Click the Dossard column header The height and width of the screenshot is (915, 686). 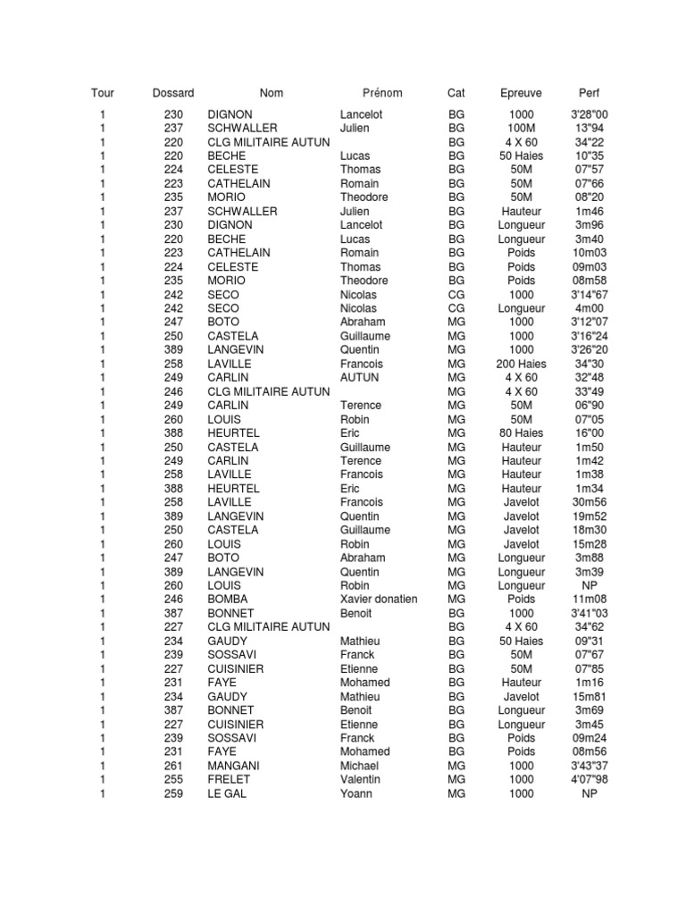point(173,93)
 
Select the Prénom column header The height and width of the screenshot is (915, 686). point(382,93)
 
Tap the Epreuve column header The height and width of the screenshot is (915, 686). point(521,93)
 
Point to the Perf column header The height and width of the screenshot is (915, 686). point(590,93)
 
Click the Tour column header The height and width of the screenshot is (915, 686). point(103,93)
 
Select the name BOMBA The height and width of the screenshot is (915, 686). point(228,600)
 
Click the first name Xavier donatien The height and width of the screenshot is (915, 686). point(379,600)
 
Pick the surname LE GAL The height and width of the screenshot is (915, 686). point(227,793)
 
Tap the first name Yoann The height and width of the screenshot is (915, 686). point(356,793)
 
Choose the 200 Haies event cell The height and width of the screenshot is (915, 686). point(521,364)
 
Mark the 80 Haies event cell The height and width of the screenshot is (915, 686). point(521,433)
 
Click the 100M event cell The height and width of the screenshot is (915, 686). point(521,129)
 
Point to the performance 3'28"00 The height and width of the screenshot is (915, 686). point(590,114)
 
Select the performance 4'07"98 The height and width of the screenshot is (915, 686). point(590,780)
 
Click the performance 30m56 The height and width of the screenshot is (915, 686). point(590,502)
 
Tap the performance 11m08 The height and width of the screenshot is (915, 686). point(590,600)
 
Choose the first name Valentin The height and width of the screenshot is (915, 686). point(360,780)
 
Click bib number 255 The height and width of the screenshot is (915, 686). point(173,780)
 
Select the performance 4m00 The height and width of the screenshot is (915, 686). point(590,308)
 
